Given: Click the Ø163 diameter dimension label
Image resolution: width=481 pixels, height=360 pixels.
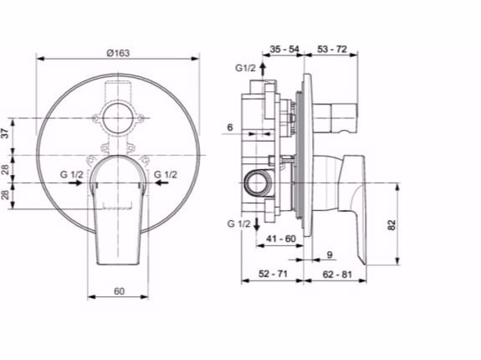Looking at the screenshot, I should click(x=117, y=52).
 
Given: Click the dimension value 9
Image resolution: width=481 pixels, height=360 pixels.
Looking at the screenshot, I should click(x=329, y=255).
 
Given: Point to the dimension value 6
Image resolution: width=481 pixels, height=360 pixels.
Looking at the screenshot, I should click(x=229, y=127).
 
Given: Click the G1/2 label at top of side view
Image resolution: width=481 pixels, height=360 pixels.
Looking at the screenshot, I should click(x=245, y=67).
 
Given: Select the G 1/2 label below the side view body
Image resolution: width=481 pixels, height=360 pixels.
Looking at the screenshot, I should click(x=238, y=224).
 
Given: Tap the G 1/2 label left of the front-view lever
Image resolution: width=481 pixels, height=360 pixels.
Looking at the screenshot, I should click(x=71, y=173).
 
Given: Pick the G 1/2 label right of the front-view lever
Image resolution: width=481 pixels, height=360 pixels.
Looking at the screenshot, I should click(x=166, y=173).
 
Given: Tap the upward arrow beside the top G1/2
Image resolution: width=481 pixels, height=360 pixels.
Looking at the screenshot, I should click(x=263, y=69).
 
